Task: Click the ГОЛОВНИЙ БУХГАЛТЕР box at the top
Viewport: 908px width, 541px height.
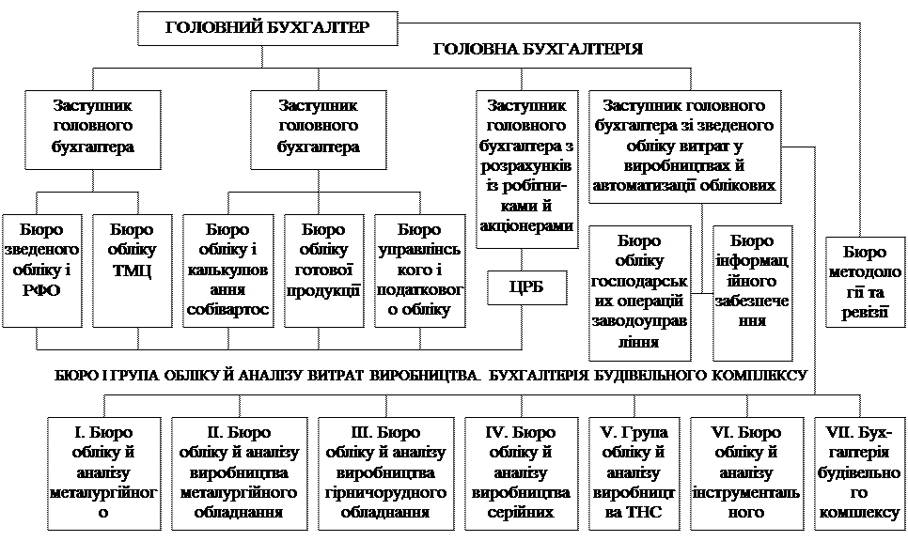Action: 267,28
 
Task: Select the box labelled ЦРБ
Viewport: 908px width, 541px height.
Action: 527,287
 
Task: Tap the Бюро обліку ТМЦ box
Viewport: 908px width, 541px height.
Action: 132,270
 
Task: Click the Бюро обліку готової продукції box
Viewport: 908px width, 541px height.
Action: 323,270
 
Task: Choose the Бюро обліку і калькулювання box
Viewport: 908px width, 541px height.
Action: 227,270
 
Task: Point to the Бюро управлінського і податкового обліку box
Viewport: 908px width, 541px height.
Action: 419,270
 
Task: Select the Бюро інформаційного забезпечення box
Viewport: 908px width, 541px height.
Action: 751,293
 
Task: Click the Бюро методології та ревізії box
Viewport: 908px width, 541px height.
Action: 865,283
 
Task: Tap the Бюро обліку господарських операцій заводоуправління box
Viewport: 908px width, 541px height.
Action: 639,293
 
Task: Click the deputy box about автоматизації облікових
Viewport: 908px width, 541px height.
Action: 686,145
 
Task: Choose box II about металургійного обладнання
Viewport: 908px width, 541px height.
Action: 239,472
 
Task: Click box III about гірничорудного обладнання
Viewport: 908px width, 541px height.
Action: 385,472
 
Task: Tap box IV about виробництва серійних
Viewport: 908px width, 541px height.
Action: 521,472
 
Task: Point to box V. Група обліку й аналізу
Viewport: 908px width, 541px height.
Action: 634,472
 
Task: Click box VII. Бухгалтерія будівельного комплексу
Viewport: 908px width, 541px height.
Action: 858,472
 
